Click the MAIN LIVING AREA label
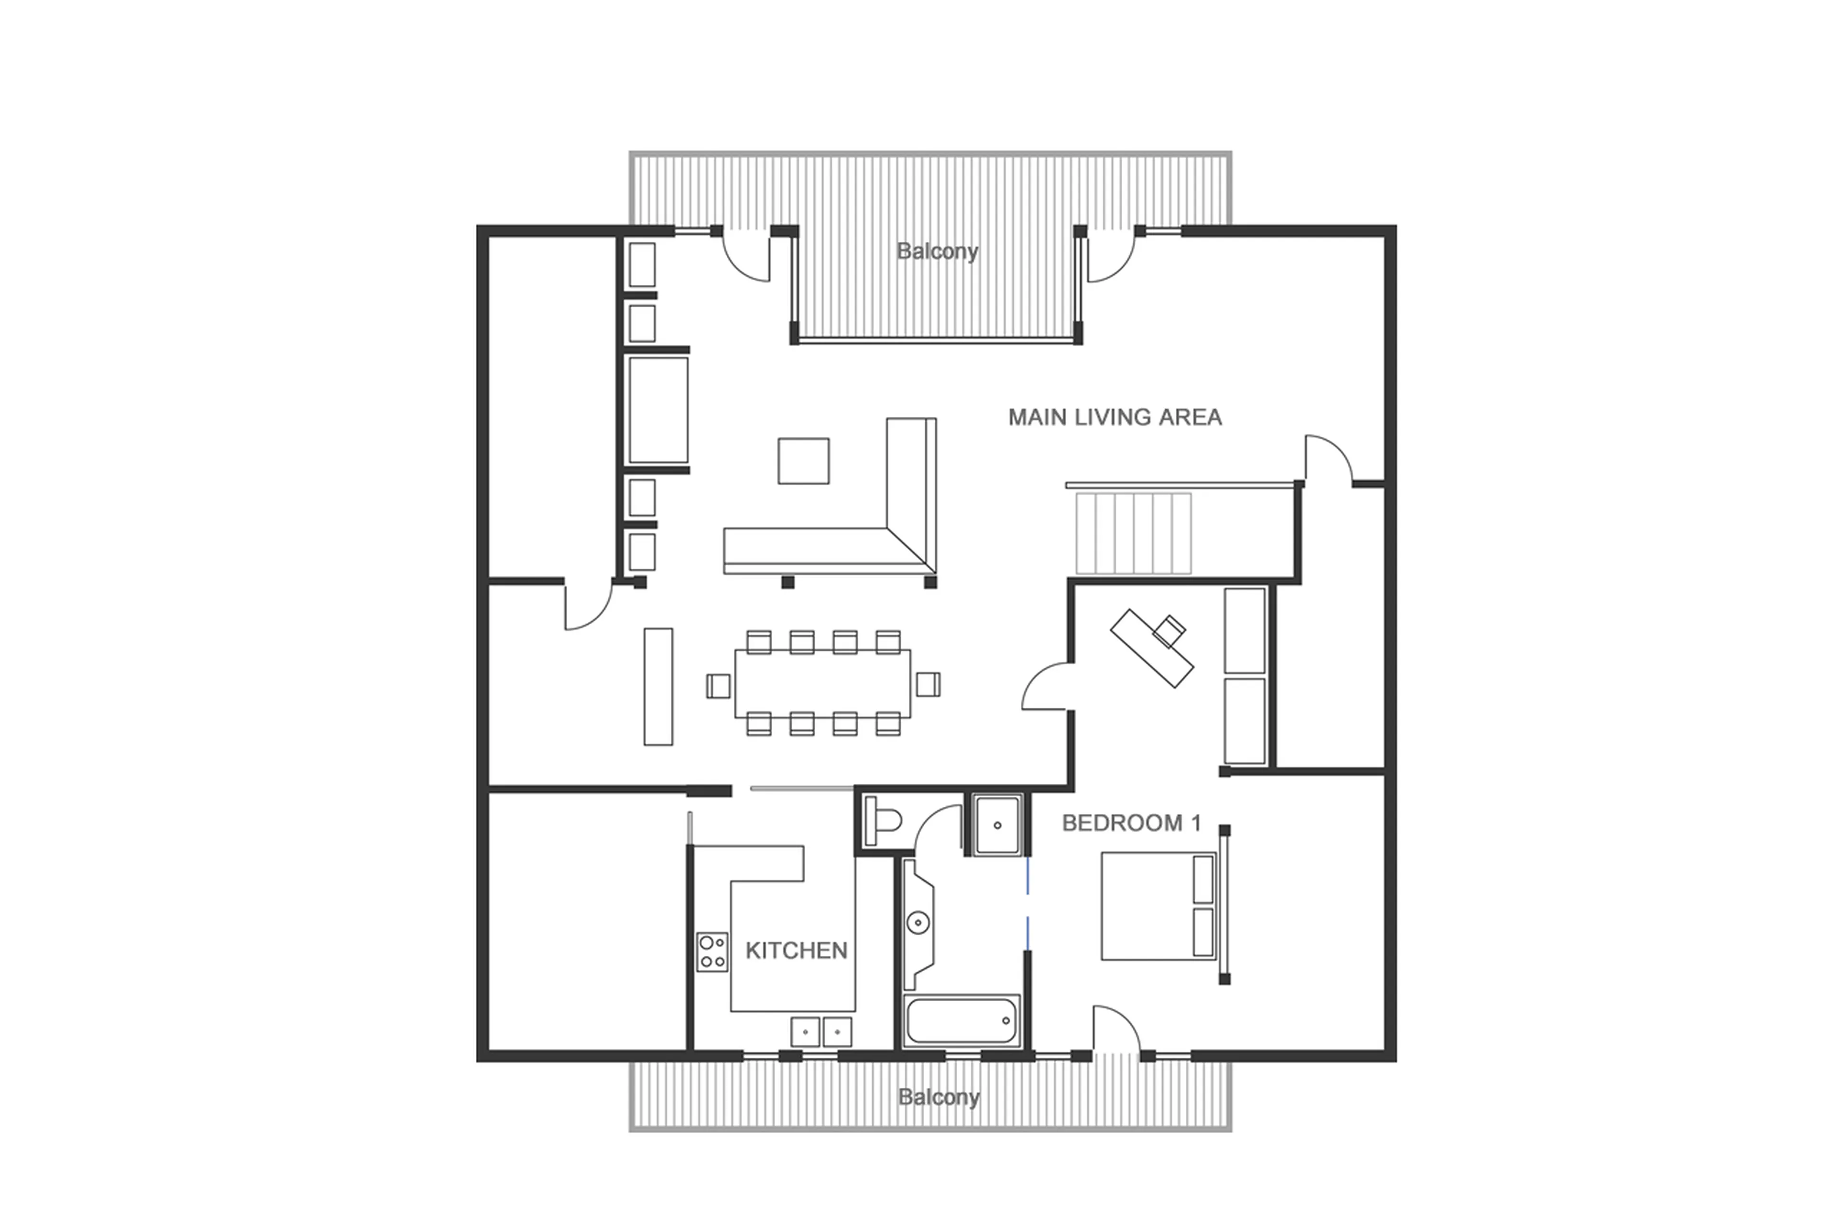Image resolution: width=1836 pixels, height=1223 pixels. tap(1114, 417)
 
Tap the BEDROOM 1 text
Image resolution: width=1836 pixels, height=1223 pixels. tap(1131, 823)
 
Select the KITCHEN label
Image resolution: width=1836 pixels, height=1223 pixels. tap(796, 950)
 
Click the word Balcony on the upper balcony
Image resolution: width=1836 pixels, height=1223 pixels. tap(936, 251)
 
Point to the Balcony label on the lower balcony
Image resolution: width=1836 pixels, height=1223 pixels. tap(938, 1097)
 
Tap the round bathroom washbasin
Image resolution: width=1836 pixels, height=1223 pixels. tap(918, 923)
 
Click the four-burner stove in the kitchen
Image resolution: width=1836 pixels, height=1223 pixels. tap(711, 952)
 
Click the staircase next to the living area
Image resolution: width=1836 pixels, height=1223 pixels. tap(1133, 533)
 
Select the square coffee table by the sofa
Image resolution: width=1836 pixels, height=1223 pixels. tap(803, 460)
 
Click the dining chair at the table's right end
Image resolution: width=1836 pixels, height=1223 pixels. tap(928, 684)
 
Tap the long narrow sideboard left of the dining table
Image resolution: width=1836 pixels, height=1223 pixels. tap(658, 686)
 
